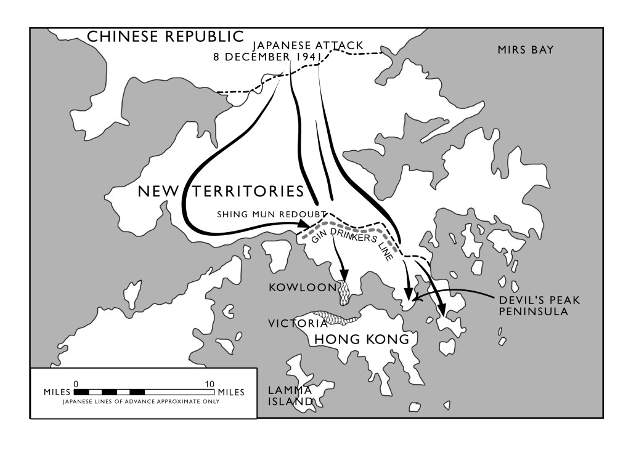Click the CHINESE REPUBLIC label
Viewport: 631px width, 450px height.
click(x=165, y=37)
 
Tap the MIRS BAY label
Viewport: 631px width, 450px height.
click(x=526, y=50)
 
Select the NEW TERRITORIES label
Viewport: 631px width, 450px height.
click(x=221, y=191)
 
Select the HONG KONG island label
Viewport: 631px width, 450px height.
click(x=362, y=339)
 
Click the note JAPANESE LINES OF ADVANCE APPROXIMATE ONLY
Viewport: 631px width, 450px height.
click(x=141, y=401)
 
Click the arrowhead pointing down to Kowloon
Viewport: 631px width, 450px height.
click(x=343, y=275)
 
